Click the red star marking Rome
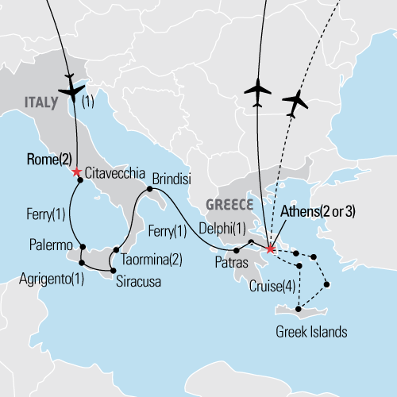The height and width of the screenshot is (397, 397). click(x=76, y=172)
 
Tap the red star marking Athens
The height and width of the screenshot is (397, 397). click(x=271, y=249)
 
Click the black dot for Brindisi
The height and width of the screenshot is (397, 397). click(x=148, y=190)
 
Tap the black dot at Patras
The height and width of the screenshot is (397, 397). click(x=237, y=250)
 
